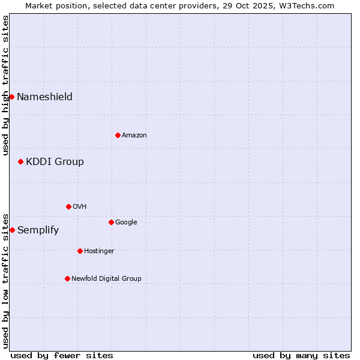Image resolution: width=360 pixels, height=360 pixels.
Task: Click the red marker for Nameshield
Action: tap(11, 97)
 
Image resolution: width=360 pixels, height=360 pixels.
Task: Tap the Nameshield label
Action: tap(44, 97)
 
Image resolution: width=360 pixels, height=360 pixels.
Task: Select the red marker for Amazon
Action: tap(118, 135)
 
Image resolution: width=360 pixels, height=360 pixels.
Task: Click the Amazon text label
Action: tap(134, 136)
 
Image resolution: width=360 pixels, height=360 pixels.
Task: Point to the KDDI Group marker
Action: tap(20, 161)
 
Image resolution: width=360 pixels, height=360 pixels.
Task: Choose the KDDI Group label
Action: tap(55, 162)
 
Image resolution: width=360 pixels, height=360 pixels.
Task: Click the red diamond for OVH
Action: tap(68, 206)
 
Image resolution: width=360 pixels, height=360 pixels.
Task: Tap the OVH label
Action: tap(80, 207)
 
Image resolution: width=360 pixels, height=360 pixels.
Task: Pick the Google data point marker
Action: tap(111, 222)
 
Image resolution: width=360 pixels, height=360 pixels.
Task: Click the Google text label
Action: tap(126, 223)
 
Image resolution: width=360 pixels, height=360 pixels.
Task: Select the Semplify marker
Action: tap(12, 230)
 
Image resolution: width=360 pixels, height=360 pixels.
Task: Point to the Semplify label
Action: tap(38, 230)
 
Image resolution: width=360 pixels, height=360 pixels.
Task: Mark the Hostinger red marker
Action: tap(80, 251)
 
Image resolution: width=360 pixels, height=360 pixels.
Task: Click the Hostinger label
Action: tap(99, 251)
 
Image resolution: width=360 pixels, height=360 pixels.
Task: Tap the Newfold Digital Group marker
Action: tap(67, 278)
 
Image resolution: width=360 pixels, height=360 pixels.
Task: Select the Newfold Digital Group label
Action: tap(106, 279)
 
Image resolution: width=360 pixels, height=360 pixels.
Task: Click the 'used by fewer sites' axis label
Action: tap(62, 355)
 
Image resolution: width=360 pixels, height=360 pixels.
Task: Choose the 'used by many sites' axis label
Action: tap(301, 355)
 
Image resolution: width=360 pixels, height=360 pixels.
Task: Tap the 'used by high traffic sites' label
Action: tap(6, 85)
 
